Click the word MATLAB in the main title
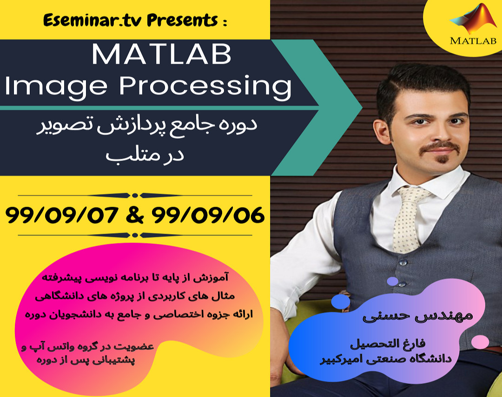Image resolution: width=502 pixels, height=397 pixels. tap(161, 54)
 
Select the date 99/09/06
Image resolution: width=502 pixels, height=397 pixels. tap(209, 215)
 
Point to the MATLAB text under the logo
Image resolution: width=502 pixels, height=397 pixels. tap(473, 40)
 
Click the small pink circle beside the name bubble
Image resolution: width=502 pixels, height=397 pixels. tap(480, 342)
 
